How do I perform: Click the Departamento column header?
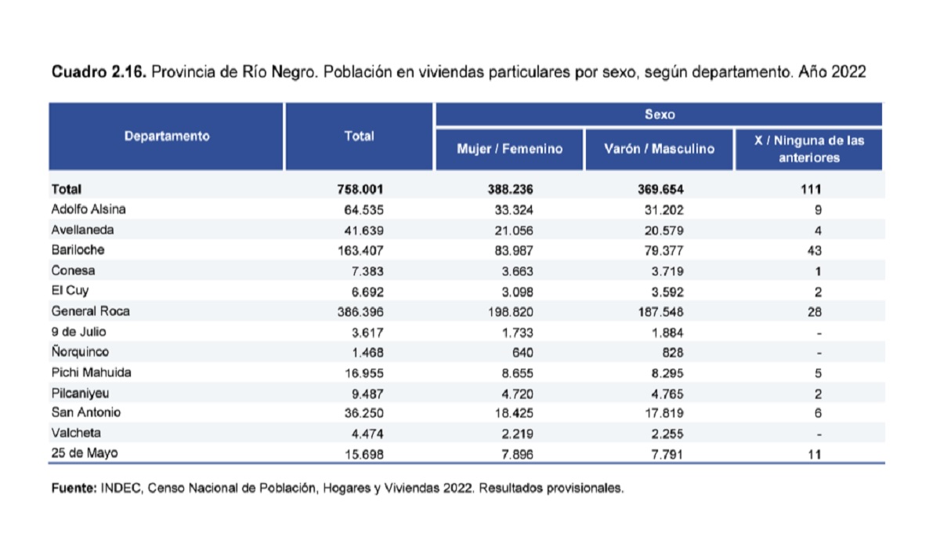tap(167, 136)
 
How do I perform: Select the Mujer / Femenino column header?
tap(509, 149)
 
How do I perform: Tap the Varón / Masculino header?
tap(660, 149)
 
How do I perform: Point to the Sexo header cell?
tap(660, 114)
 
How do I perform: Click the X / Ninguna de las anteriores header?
tap(809, 149)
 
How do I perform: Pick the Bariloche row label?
tap(78, 250)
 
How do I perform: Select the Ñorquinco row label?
tap(80, 351)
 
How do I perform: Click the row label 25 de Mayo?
tap(85, 453)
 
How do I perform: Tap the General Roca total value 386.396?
tap(360, 312)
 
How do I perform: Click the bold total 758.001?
tap(360, 190)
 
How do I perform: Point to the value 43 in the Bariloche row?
tap(815, 251)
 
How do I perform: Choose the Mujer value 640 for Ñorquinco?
tap(522, 353)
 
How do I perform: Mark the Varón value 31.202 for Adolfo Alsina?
tap(664, 210)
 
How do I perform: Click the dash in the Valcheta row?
tap(819, 434)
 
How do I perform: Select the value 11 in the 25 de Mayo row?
tap(815, 454)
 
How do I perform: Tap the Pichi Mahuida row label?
tap(91, 372)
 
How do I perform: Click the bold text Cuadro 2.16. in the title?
tap(99, 72)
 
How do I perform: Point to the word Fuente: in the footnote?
tap(74, 488)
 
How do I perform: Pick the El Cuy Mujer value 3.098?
tap(518, 292)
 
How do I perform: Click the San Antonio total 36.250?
tap(363, 413)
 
